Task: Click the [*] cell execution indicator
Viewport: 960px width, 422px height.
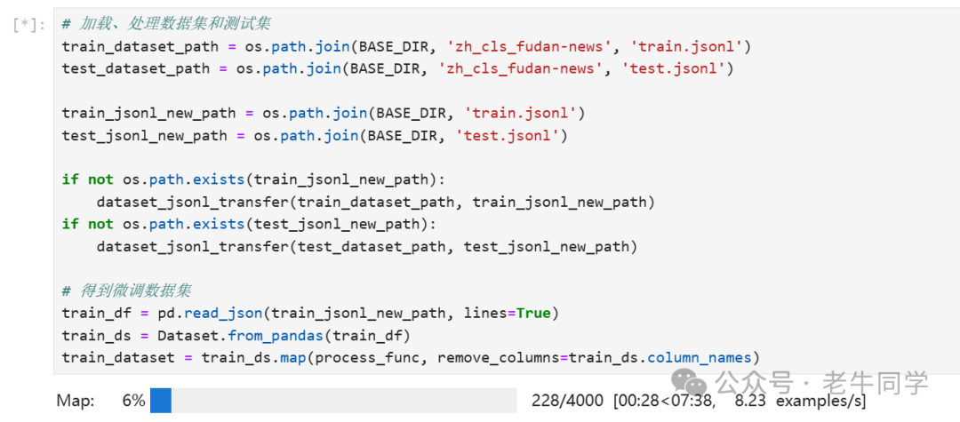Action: tap(28, 26)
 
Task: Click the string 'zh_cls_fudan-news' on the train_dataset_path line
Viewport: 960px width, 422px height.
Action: tap(517, 46)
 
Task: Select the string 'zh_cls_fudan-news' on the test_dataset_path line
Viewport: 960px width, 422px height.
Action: tap(517, 68)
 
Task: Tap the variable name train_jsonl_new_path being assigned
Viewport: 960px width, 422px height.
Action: tap(148, 113)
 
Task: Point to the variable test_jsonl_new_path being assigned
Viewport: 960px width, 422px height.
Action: tap(145, 135)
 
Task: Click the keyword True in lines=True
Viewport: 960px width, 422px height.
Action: tap(533, 314)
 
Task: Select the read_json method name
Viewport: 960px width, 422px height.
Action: tap(223, 314)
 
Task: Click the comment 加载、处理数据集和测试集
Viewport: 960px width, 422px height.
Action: tap(166, 25)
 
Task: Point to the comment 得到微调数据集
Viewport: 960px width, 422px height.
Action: tap(127, 291)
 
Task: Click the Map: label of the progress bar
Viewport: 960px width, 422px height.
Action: tap(76, 401)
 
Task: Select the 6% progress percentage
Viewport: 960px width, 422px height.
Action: tap(133, 401)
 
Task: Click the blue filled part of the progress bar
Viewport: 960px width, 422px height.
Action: tap(160, 401)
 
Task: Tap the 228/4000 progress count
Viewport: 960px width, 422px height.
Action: tap(567, 401)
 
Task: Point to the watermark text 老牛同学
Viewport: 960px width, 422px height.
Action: tap(875, 384)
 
